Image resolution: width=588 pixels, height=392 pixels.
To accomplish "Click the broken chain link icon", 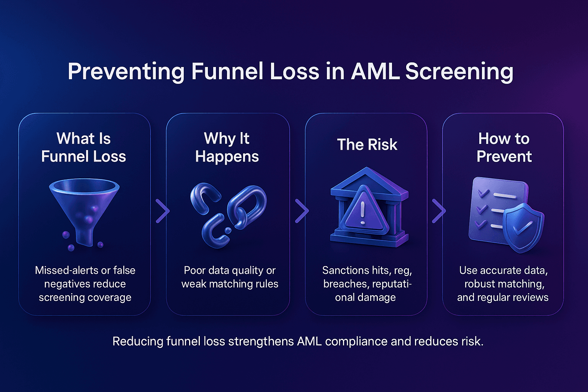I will [228, 214].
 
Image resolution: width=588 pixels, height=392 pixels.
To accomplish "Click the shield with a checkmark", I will [523, 227].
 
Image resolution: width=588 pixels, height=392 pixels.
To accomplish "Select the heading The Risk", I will [367, 145].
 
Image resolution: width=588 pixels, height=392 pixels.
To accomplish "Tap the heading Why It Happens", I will [227, 147].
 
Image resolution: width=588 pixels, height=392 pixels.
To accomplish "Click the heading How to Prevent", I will [504, 147].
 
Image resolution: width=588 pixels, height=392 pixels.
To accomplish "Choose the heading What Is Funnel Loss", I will [83, 147].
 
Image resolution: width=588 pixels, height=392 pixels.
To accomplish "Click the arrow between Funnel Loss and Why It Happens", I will [163, 210].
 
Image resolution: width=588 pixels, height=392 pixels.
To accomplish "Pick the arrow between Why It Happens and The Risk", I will [302, 210].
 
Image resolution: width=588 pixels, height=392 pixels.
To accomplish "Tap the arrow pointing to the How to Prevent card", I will [439, 210].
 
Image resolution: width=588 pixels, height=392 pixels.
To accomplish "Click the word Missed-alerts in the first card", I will [64, 270].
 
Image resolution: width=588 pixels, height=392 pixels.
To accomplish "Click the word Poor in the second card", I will [195, 270].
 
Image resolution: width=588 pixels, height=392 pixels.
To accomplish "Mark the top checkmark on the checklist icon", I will [483, 193].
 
